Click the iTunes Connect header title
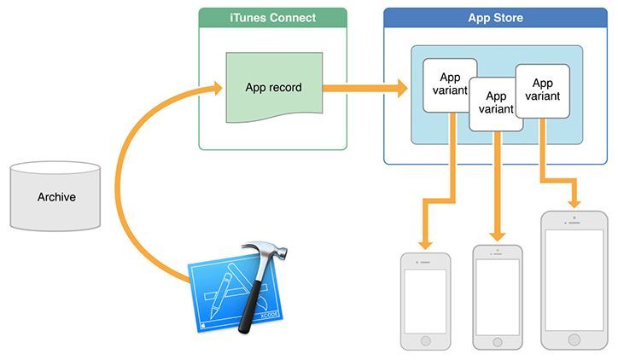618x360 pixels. pyautogui.click(x=272, y=18)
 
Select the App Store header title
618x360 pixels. pyautogui.click(x=495, y=18)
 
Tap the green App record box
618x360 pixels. pyautogui.click(x=272, y=88)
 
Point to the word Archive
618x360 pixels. pyautogui.click(x=56, y=198)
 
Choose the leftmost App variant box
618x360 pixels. pyautogui.click(x=444, y=84)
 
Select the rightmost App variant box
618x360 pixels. pyautogui.click(x=542, y=90)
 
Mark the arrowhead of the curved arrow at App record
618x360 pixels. pyautogui.click(x=216, y=87)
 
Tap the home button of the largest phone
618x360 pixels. pyautogui.click(x=574, y=339)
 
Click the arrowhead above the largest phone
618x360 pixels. pyautogui.click(x=574, y=203)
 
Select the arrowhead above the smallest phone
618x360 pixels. pyautogui.click(x=424, y=242)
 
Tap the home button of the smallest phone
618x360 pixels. pyautogui.click(x=425, y=338)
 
